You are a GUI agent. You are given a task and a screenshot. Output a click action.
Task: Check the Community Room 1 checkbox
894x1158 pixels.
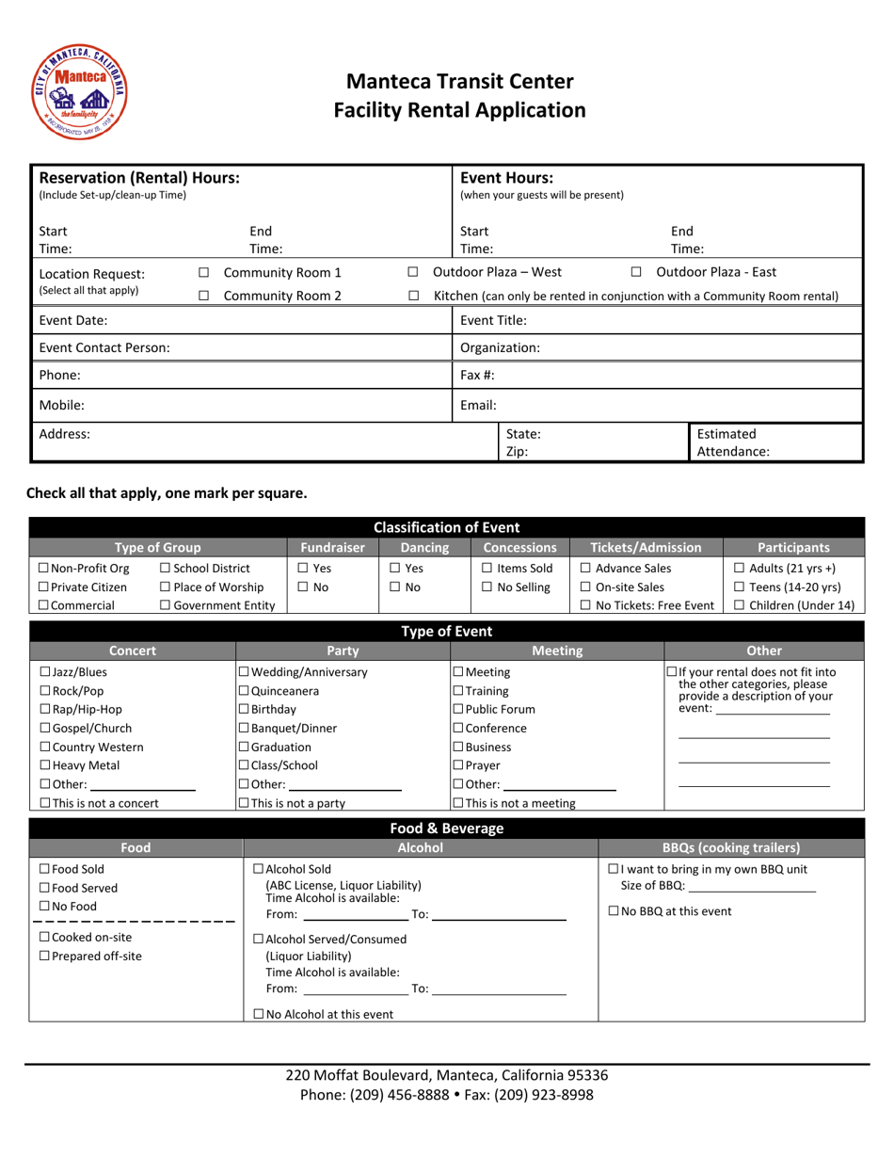tap(203, 273)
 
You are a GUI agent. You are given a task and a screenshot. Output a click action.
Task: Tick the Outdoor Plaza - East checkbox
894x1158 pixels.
tap(636, 273)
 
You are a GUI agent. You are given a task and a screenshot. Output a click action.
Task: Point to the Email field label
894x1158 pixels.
tap(478, 406)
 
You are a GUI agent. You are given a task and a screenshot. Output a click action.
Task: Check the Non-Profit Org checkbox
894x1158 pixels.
tap(44, 569)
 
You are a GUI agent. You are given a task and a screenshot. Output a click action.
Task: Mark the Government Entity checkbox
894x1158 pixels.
tap(167, 605)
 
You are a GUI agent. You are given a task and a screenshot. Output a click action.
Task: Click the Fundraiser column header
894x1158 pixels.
tap(332, 547)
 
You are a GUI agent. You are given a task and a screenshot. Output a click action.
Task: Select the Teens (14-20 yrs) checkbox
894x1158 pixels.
tap(740, 587)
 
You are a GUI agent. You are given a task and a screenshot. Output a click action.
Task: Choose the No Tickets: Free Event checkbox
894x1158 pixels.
tap(585, 605)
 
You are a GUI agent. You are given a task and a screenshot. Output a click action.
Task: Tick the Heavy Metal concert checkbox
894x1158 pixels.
tap(45, 739)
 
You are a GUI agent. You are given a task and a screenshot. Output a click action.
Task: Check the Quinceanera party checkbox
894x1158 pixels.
tap(243, 691)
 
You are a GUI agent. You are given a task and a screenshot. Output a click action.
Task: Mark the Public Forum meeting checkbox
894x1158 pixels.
tap(458, 709)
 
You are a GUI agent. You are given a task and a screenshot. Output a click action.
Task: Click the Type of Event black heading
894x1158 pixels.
tap(447, 632)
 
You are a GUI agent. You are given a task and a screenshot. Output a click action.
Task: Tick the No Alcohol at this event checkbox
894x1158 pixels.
tap(260, 1014)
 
